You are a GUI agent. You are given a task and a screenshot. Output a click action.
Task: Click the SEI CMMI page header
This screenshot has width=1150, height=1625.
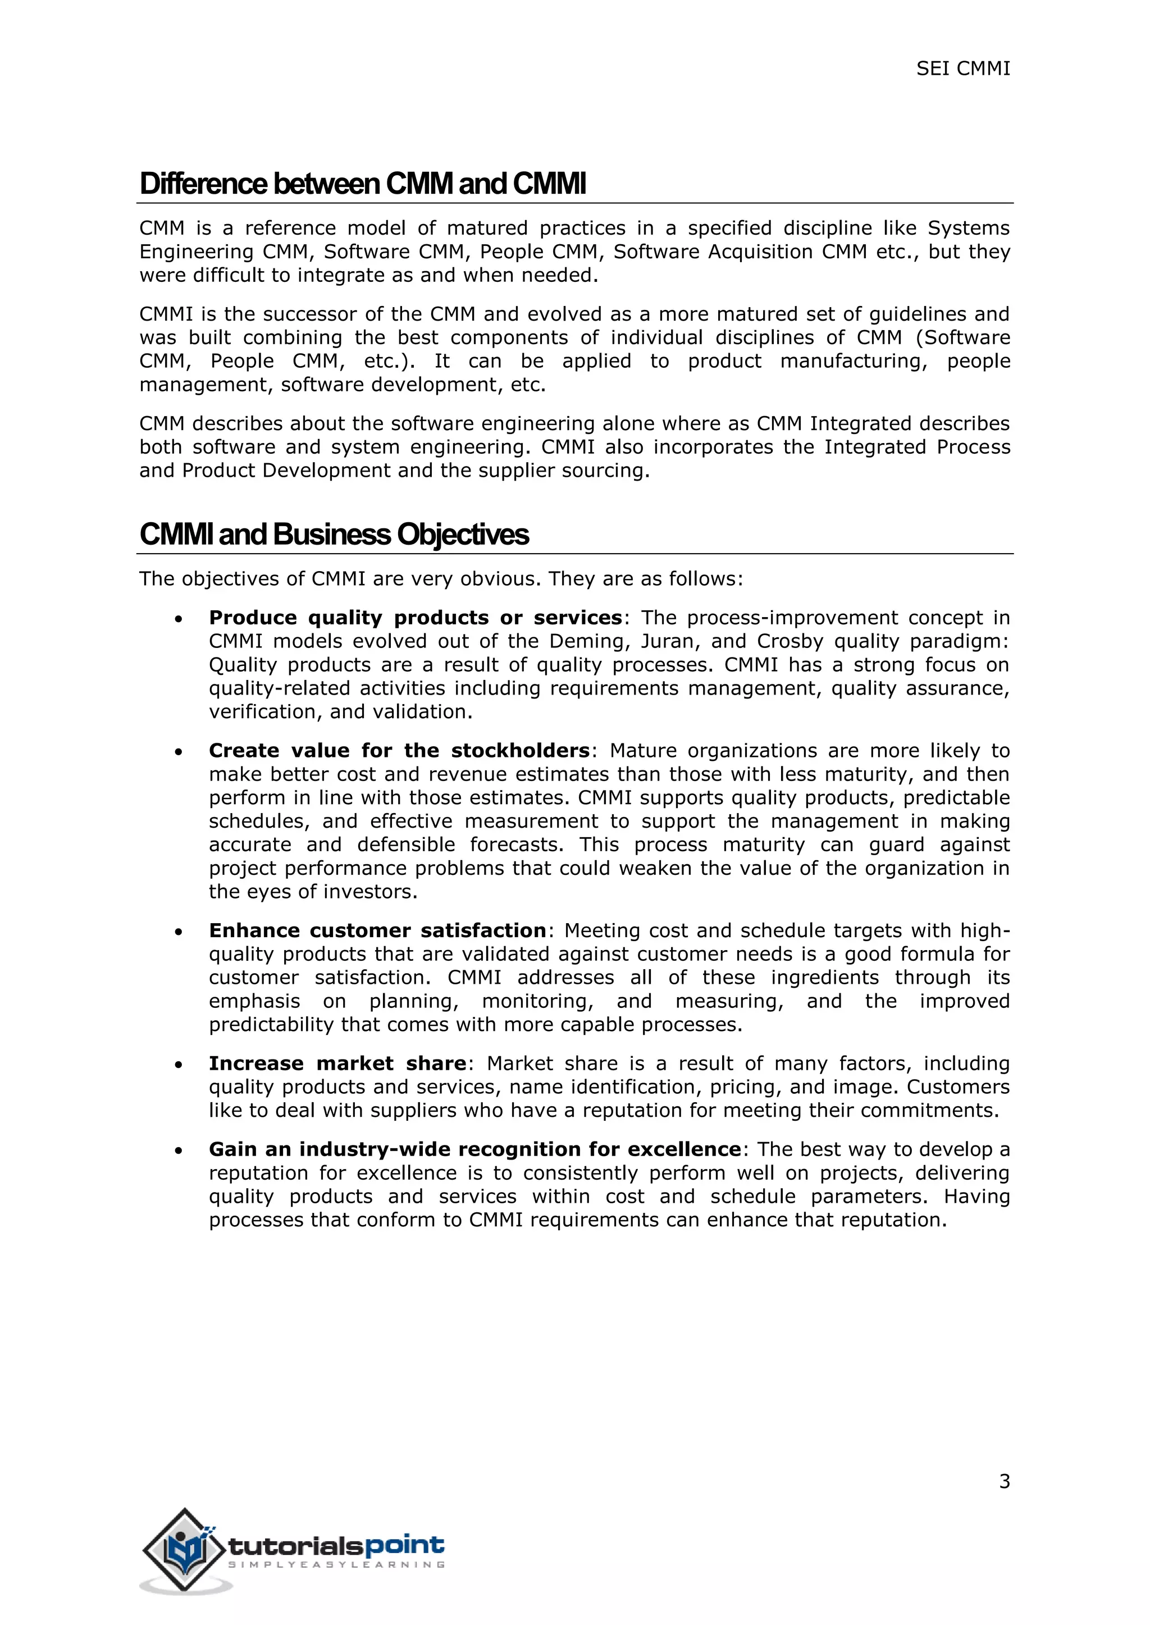point(962,69)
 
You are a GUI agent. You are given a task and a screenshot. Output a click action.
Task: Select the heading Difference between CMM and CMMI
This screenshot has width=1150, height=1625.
point(363,184)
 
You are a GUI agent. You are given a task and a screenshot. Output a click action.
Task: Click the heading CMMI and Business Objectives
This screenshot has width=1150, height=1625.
point(334,535)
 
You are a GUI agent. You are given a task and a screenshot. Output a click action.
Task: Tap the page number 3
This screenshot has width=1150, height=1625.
point(1004,1481)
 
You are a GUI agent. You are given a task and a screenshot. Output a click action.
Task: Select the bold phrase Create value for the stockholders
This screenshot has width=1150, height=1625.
point(399,751)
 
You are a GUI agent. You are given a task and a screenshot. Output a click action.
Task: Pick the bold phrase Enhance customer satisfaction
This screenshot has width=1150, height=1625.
point(377,930)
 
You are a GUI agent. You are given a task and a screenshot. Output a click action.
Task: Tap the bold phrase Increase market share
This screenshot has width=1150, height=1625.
point(337,1063)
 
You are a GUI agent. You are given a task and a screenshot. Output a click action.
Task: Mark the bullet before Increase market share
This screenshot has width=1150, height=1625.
point(179,1066)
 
